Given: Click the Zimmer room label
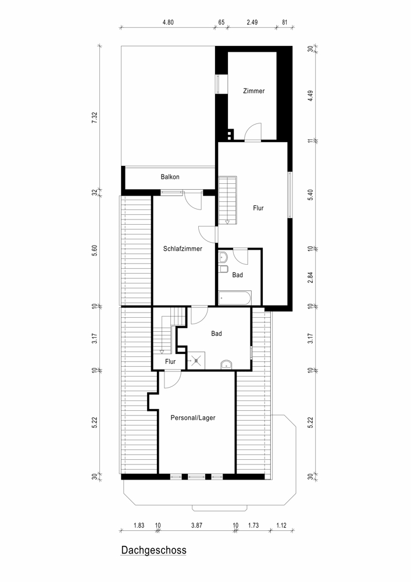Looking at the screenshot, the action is (x=254, y=91).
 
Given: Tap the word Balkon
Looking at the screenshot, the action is (x=170, y=177).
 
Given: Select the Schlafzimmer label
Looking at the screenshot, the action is (x=183, y=249).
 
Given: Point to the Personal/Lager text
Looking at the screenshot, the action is (x=193, y=417).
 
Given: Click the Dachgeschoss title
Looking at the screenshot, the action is (x=154, y=550).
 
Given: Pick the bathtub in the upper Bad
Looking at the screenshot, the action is (x=235, y=298).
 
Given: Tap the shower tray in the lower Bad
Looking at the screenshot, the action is (x=196, y=360).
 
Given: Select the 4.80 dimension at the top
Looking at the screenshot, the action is (x=168, y=22).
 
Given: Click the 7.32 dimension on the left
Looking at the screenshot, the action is (x=95, y=118).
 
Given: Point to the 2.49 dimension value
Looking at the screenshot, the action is (x=252, y=22).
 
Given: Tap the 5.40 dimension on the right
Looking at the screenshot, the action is (x=310, y=195).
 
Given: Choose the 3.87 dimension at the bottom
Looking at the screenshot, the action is (x=196, y=525).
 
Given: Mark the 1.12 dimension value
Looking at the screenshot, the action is (x=281, y=525).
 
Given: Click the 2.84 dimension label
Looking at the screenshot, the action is (x=310, y=278).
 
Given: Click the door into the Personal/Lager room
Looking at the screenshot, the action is (x=172, y=379).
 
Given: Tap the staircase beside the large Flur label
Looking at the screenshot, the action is (x=227, y=200).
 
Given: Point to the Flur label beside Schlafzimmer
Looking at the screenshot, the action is (x=170, y=361).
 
